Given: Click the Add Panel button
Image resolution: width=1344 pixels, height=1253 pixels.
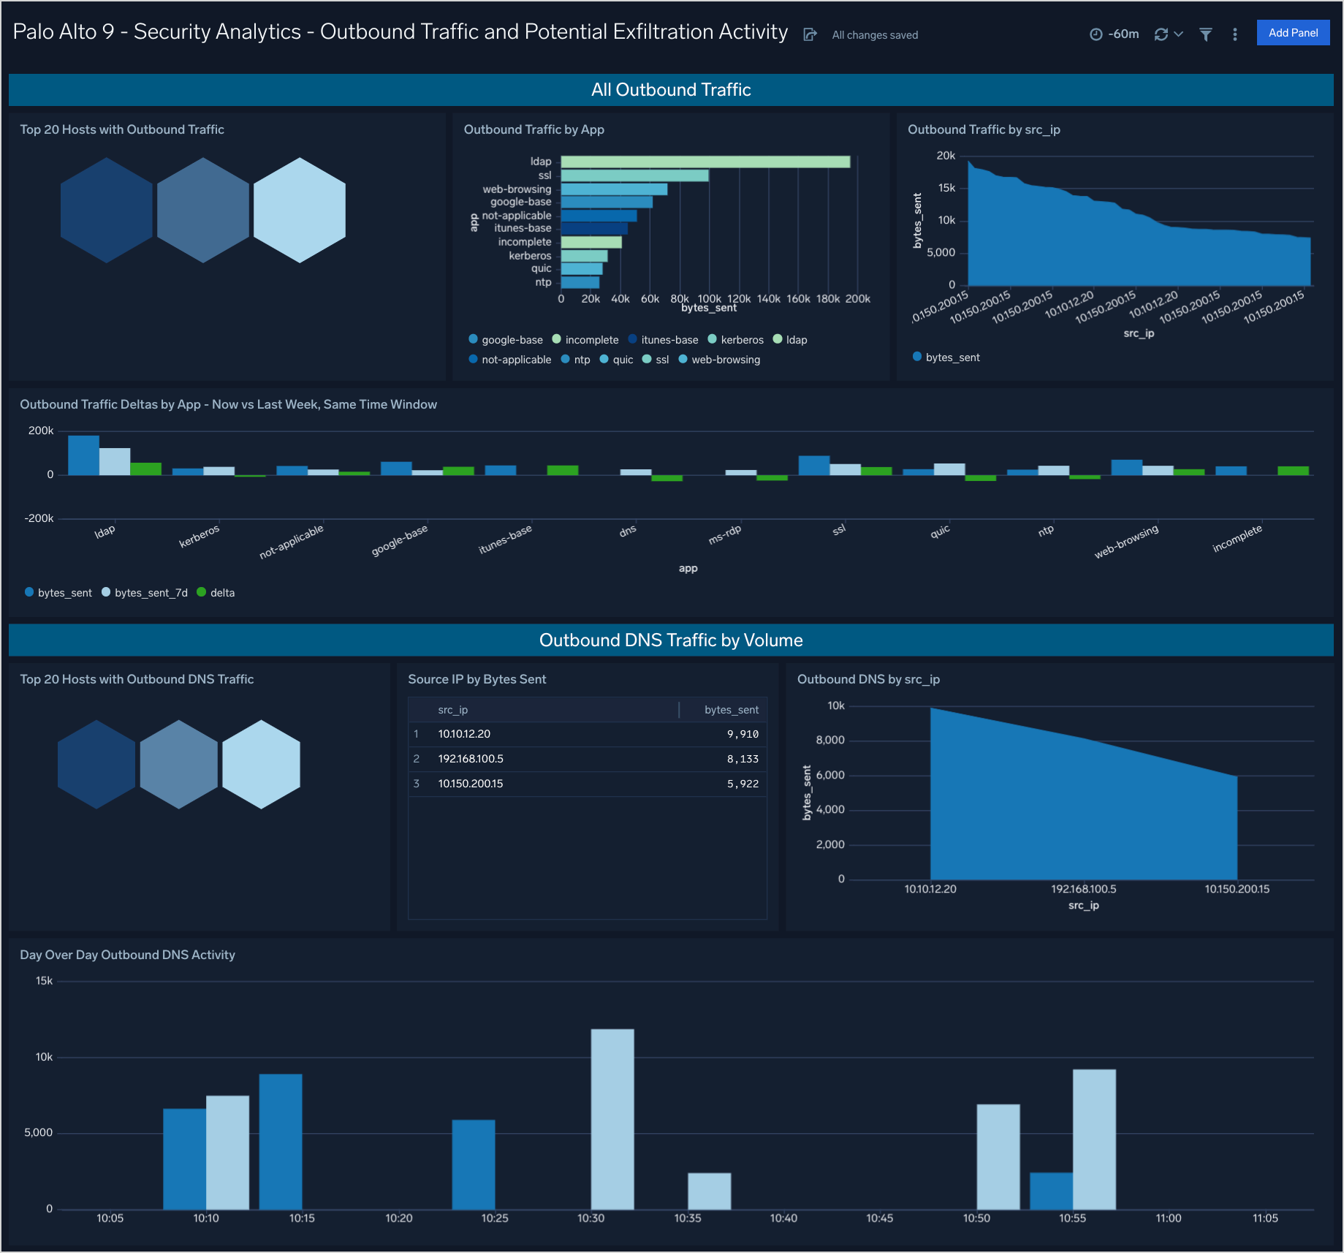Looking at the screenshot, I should (1292, 33).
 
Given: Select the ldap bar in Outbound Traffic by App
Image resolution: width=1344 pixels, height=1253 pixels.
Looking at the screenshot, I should (705, 162).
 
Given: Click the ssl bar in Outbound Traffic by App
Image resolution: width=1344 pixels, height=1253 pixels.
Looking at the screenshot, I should (634, 175).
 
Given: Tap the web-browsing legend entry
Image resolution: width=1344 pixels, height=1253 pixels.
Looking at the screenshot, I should (725, 360).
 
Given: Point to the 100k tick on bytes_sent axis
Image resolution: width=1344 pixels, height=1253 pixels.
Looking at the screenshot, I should (709, 299).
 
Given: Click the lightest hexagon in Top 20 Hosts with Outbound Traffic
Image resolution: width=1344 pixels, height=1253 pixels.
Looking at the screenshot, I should (299, 210).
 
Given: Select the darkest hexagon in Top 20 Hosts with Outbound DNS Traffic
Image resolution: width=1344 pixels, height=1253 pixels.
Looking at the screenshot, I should (96, 764).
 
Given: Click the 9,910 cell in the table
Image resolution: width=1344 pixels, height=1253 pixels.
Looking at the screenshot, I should (742, 734).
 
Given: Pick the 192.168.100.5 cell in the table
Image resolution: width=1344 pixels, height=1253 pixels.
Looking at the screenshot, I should (471, 759).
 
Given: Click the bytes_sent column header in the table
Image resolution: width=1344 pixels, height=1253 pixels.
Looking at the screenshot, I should (731, 710).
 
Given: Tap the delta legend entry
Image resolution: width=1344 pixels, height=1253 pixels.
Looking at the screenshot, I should (221, 593).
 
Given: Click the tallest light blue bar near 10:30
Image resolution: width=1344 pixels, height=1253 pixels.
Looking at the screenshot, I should (612, 1118).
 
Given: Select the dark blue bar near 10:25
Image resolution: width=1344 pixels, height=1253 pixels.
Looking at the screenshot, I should (473, 1164).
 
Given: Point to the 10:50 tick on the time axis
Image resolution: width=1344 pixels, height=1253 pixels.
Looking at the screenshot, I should (976, 1218).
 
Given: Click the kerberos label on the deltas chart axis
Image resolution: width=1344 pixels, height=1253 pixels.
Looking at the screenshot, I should (199, 536).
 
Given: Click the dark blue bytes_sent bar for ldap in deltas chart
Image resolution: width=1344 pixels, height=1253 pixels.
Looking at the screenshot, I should (83, 455).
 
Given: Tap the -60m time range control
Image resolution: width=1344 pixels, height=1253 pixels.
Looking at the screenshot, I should (1115, 34).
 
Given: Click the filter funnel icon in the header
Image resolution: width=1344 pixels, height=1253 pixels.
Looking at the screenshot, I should (1206, 34).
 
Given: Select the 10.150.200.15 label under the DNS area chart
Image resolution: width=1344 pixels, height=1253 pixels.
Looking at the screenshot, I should (1237, 889).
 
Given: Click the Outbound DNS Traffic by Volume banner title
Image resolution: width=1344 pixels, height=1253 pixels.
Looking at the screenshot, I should (671, 640).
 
